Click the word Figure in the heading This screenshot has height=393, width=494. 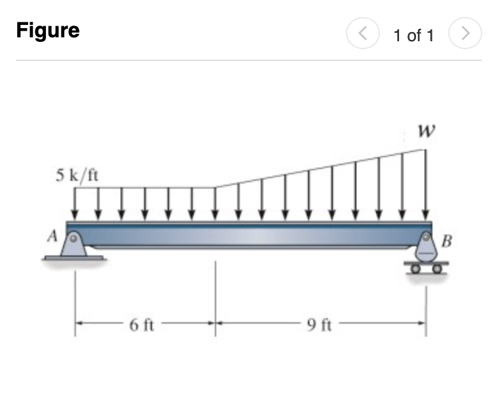48,31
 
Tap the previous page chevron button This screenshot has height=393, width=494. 363,35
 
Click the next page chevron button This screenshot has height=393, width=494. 464,35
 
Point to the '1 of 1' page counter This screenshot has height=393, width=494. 413,35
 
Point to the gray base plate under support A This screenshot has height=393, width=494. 73,257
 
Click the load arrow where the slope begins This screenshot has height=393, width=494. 216,204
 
